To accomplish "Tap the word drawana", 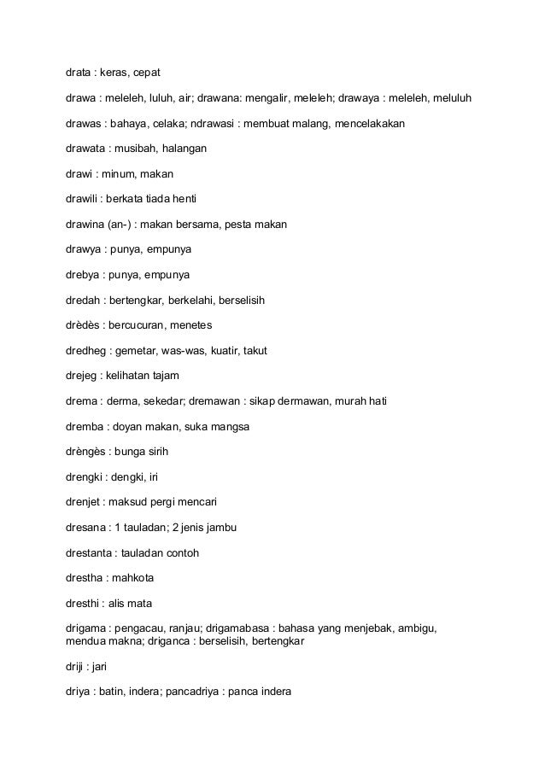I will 221,99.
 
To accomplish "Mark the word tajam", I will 162,376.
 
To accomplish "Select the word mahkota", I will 132,578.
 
